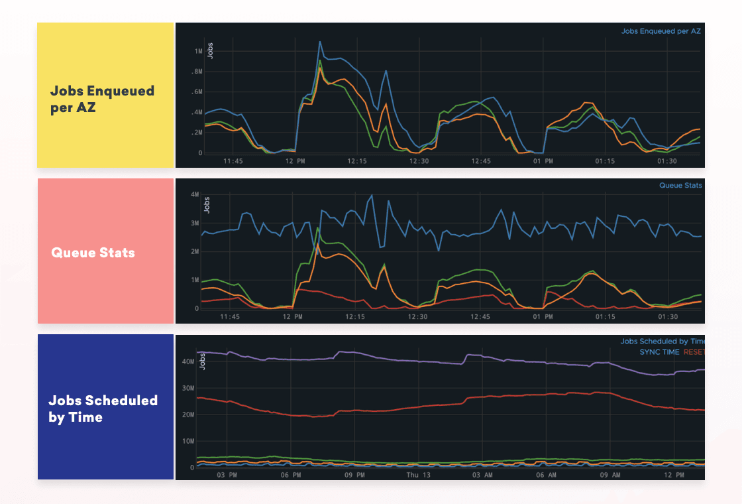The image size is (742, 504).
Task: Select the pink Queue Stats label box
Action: tap(105, 251)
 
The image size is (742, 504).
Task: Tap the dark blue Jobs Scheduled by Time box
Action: tap(105, 407)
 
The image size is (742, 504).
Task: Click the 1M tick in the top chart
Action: tap(198, 51)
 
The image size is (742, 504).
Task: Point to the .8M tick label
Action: tap(197, 72)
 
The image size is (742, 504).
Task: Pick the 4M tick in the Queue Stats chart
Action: tap(195, 194)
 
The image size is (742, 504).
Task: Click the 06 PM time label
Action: tap(291, 475)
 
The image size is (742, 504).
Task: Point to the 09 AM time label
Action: tap(609, 475)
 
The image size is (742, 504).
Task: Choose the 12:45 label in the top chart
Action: tap(481, 161)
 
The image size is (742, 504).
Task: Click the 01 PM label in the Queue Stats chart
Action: tap(543, 317)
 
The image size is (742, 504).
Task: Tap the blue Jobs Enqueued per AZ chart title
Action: tap(661, 31)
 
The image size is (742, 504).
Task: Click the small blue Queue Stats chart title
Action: tap(680, 186)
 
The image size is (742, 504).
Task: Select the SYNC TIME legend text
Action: tap(659, 352)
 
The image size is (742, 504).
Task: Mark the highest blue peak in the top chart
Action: tap(320, 42)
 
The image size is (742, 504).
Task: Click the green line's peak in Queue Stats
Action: tap(318, 229)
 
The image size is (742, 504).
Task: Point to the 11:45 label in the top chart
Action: tap(233, 161)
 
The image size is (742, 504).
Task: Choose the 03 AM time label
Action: tap(481, 475)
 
